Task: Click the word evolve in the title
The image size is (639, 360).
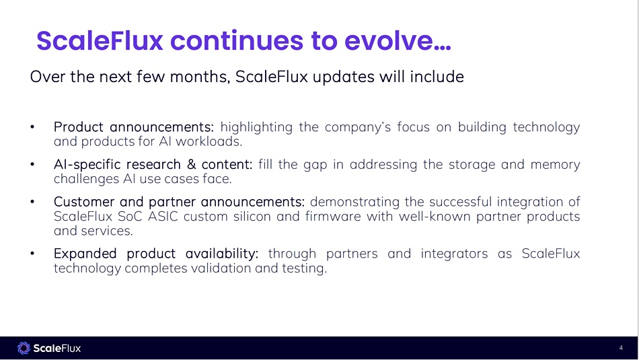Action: (x=398, y=40)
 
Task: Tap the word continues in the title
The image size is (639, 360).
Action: (x=237, y=40)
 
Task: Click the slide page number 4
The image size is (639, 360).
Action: (x=621, y=348)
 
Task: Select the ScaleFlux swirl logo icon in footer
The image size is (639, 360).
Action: (x=24, y=348)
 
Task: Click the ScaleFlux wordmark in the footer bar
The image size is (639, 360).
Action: (x=57, y=348)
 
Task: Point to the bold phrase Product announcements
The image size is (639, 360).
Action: (x=134, y=127)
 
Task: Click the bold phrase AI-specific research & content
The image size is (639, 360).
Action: (x=153, y=164)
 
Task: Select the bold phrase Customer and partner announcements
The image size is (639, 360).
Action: (x=180, y=202)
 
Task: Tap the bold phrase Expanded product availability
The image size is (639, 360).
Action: (x=156, y=254)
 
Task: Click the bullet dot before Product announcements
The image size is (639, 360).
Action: (x=32, y=127)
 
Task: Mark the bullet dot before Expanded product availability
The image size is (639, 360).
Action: (x=32, y=254)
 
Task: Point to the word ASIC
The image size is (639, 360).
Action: (x=163, y=217)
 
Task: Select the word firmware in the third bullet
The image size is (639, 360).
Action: (x=333, y=217)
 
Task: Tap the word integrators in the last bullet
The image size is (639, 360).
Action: (x=454, y=254)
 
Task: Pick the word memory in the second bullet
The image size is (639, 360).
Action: (x=555, y=165)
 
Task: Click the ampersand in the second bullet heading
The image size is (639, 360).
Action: (x=191, y=164)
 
